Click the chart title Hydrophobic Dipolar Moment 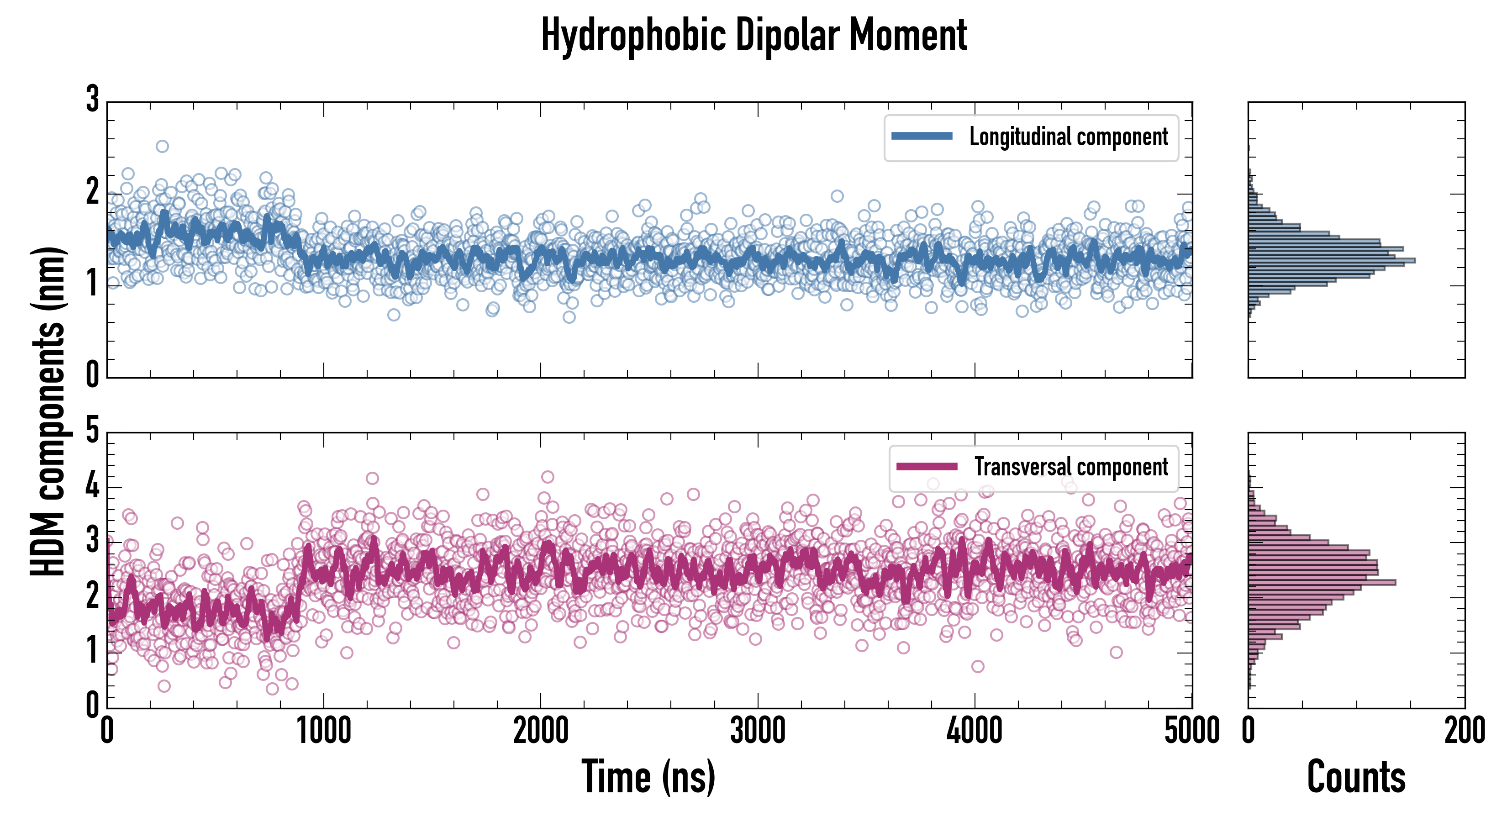753,35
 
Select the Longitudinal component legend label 1068,137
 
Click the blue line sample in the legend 922,137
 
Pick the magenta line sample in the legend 927,466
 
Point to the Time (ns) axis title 648,777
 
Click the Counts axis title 1356,777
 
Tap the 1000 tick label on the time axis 323,731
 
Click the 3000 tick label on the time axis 758,731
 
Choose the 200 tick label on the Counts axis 1464,731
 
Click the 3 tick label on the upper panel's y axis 92,100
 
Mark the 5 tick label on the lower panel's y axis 92,431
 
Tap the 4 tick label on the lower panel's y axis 92,485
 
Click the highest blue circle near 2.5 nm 162,146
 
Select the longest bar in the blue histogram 1332,260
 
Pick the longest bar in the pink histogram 1322,582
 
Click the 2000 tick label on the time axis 541,731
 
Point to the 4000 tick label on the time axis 975,731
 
